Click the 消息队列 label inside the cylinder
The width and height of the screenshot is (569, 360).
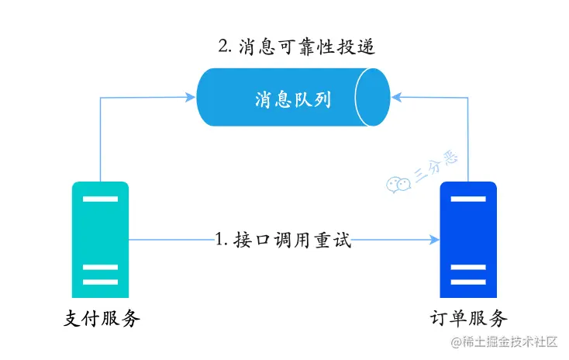pos(293,99)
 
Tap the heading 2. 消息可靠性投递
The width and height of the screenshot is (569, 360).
pos(297,47)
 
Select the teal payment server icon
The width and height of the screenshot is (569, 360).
pos(100,240)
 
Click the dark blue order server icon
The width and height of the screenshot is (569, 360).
pos(468,240)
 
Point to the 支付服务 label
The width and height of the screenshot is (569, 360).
pos(101,318)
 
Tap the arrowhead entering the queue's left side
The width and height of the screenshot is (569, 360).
pos(190,97)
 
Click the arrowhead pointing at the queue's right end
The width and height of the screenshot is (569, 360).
pos(396,97)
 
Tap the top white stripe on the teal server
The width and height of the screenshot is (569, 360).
pos(100,200)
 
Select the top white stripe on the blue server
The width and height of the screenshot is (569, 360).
pos(468,200)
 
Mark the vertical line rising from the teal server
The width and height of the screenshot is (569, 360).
pos(101,140)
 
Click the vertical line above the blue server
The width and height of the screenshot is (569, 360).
pos(469,140)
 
